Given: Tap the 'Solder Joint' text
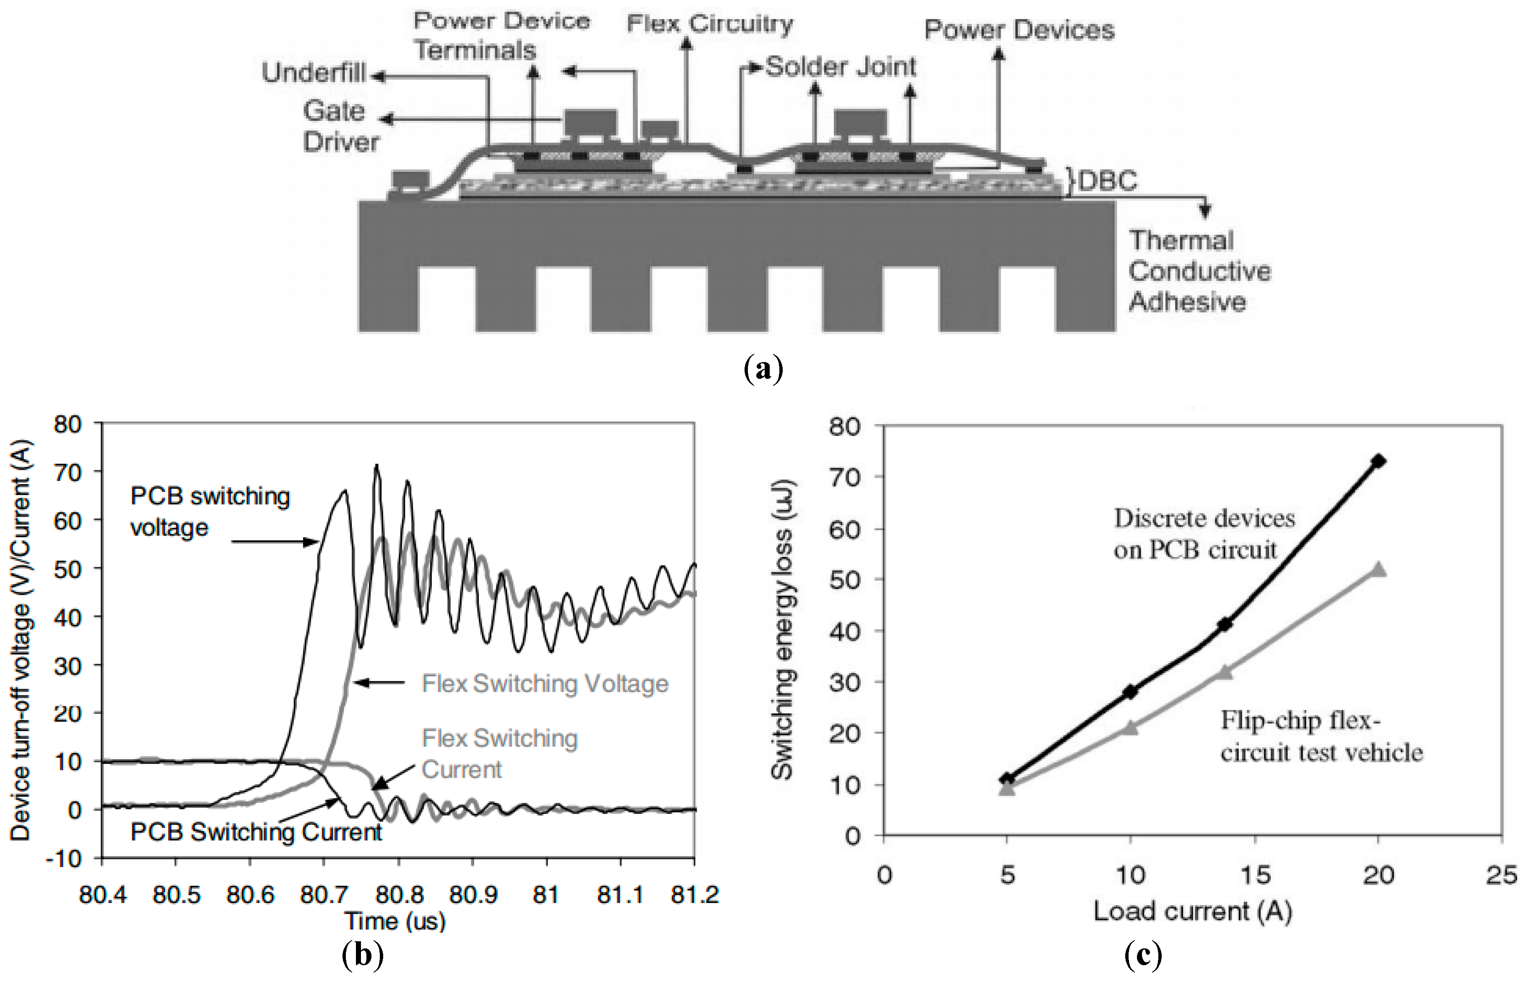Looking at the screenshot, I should point(840,67).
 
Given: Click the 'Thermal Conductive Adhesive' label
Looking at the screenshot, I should point(1199,271).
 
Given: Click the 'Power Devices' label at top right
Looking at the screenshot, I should point(1019,30).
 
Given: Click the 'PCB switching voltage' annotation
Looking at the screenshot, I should point(210,511).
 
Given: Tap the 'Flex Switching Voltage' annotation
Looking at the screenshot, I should point(545,684).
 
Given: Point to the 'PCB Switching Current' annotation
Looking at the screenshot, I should point(256,832).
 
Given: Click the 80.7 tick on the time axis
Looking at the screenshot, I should point(324,895).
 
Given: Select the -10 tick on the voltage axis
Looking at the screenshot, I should point(64,858).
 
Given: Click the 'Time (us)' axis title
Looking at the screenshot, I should point(395,921).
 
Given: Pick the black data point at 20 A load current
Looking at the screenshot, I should point(1378,461).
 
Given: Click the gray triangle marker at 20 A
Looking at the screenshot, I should point(1378,569).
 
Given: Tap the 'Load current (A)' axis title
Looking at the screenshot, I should point(1192,911).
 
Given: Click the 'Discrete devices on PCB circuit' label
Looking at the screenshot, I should point(1204,533).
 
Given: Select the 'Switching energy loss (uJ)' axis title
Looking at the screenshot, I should point(782,629).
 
